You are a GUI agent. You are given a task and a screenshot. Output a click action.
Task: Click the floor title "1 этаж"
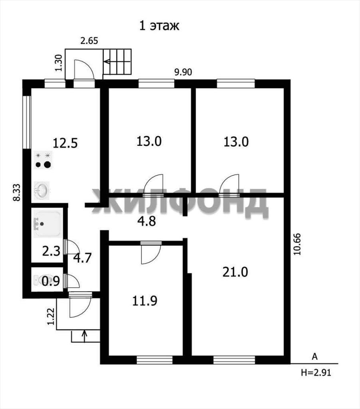pyautogui.click(x=159, y=26)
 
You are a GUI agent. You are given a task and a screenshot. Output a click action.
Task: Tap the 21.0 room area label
pyautogui.click(x=235, y=272)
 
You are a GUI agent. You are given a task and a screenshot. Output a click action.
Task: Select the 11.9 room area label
pyautogui.click(x=145, y=301)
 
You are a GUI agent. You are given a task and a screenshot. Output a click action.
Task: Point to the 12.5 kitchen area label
pyautogui.click(x=65, y=143)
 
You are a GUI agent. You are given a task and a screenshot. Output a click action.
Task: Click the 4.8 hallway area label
pyautogui.click(x=147, y=221)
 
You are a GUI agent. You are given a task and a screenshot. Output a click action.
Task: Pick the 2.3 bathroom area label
pyautogui.click(x=51, y=252)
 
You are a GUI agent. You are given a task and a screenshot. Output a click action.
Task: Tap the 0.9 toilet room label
pyautogui.click(x=51, y=281)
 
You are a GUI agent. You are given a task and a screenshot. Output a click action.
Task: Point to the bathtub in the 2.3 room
pyautogui.click(x=48, y=224)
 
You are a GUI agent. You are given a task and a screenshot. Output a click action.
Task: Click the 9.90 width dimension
pyautogui.click(x=183, y=72)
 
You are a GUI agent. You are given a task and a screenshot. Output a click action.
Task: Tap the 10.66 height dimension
pyautogui.click(x=297, y=244)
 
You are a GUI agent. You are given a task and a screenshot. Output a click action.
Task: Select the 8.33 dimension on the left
pyautogui.click(x=17, y=193)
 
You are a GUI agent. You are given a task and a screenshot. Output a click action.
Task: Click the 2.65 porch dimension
pyautogui.click(x=89, y=41)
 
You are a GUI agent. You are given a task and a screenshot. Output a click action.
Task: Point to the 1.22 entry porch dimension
pyautogui.click(x=51, y=316)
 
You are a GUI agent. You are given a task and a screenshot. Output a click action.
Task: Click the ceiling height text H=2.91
pyautogui.click(x=316, y=373)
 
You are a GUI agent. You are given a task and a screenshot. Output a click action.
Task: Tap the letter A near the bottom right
pyautogui.click(x=315, y=357)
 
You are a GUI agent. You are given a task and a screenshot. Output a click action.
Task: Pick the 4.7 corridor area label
pyautogui.click(x=82, y=258)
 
